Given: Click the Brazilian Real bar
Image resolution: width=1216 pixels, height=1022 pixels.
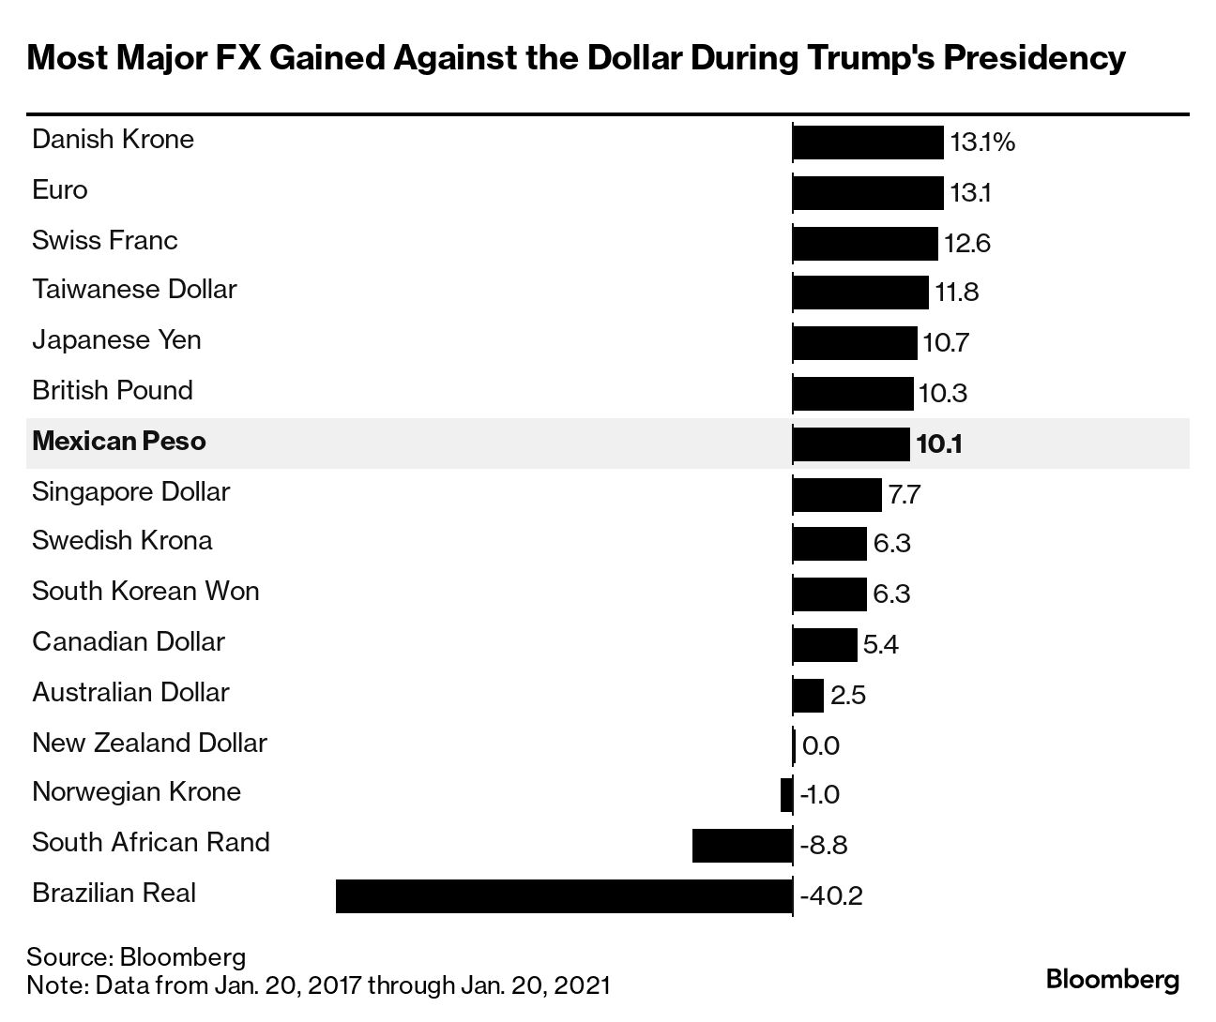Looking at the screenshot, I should tap(564, 895).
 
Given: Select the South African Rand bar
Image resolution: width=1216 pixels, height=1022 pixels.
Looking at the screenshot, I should tap(742, 845).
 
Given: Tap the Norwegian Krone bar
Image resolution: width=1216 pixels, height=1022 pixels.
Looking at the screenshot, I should tap(786, 795).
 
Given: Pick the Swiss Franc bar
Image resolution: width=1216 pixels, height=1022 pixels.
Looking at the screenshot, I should tap(865, 243).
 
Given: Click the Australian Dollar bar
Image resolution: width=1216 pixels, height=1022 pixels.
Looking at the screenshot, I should tap(809, 696).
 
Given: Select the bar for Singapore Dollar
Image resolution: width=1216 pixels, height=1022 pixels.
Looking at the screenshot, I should tap(837, 494).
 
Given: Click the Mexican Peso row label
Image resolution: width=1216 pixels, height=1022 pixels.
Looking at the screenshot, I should tap(119, 442).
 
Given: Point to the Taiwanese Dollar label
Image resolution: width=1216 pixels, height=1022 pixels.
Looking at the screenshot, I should tap(134, 289).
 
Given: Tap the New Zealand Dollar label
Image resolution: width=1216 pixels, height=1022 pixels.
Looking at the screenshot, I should tap(149, 743).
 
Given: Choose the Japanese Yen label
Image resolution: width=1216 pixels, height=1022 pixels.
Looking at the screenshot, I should tap(116, 339).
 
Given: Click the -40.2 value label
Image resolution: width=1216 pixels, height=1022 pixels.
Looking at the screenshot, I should tap(830, 896).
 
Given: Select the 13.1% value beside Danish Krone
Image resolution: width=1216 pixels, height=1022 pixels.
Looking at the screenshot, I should tap(982, 143).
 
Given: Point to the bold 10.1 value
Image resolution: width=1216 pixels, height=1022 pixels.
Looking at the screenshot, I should tap(939, 443).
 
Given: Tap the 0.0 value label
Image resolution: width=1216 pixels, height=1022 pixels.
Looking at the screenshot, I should tap(821, 746).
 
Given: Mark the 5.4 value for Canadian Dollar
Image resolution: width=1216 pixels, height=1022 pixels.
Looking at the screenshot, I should tap(881, 645).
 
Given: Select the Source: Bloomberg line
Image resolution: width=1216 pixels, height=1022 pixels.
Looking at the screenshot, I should tap(136, 957).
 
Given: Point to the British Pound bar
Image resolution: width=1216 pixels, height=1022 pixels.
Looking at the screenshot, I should tap(853, 393).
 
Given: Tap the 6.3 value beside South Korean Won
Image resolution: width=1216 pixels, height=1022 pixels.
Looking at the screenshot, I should tap(891, 594).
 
